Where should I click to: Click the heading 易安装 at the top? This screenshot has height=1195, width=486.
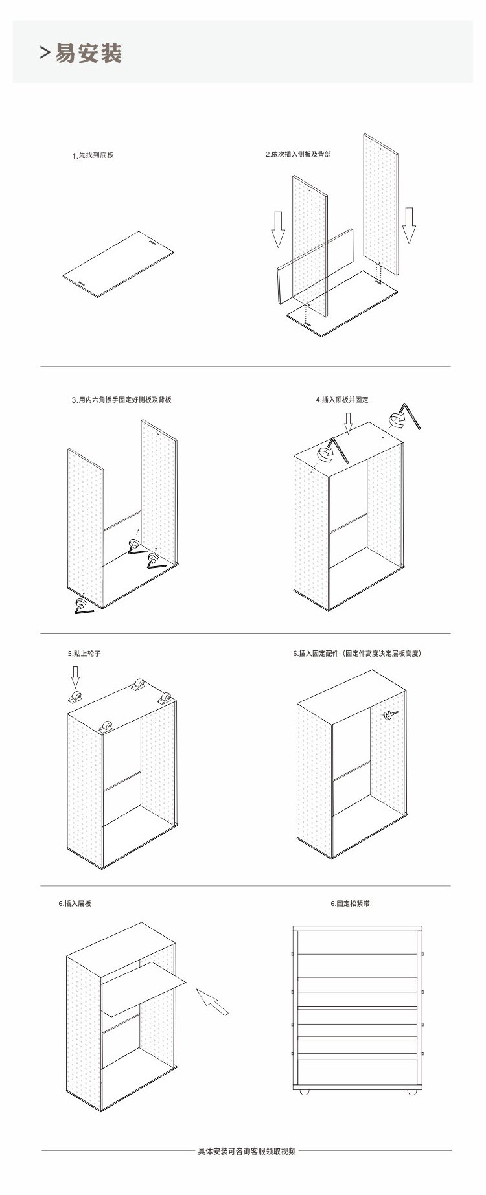[88, 54]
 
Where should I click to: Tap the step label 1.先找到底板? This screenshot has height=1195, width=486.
[93, 155]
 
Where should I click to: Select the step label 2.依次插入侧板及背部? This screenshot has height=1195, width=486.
[298, 154]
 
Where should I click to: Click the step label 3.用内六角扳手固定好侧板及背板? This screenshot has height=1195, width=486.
[122, 400]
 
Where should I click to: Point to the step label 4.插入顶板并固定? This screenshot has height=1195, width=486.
[342, 400]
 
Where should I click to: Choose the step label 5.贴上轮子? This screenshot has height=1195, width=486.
[84, 654]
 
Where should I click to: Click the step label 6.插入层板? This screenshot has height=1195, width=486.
[75, 903]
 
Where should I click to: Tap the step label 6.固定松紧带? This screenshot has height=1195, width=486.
[351, 903]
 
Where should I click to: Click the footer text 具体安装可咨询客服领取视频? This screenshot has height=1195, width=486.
[247, 1151]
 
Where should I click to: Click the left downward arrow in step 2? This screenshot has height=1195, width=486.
[278, 229]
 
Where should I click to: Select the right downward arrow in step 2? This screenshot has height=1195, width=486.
[408, 225]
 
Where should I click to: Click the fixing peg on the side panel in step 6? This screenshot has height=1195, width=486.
[389, 714]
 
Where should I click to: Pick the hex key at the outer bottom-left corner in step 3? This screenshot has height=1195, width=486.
[83, 606]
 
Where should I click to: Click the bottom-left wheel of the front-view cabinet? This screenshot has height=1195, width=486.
[303, 1093]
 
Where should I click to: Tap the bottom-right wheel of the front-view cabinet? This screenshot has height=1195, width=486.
[411, 1093]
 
